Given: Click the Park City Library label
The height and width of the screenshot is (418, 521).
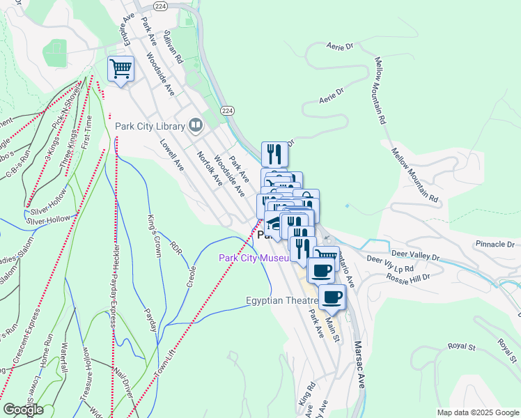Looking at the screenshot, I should coord(151,126).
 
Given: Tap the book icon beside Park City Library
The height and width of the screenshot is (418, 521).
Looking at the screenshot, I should coord(196,125).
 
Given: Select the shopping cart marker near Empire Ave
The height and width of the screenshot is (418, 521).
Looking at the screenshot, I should coord(120,69).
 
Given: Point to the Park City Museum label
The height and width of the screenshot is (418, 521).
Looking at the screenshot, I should coord(254,258).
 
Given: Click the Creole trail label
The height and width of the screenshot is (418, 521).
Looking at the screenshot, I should coord(192,274).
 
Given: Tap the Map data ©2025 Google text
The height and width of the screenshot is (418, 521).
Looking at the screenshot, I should coord(477,412).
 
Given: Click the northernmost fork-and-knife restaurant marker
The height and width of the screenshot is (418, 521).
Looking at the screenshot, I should coord(274,154).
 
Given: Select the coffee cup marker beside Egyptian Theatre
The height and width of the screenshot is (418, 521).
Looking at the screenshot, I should coord(332,297).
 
